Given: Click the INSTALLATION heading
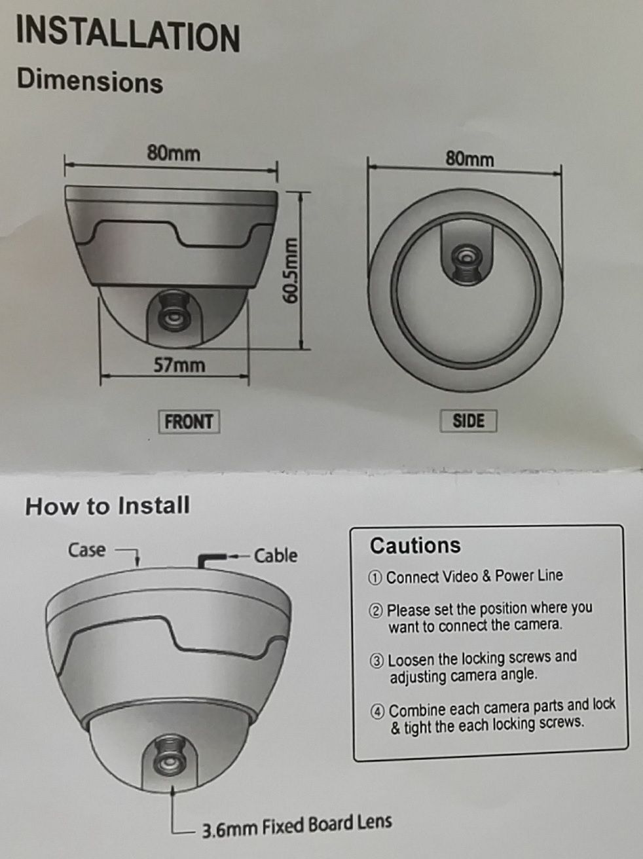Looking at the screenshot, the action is click(128, 35).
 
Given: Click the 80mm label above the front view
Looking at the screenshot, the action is click(174, 153).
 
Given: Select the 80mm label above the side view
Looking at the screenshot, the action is click(469, 159).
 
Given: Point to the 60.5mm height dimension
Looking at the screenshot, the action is click(290, 270).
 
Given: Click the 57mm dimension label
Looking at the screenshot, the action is click(179, 365).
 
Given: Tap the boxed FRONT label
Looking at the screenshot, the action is click(189, 422).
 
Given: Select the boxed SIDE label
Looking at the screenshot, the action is click(468, 421).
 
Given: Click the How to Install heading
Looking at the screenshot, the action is click(107, 505).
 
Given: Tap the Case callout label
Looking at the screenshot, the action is click(87, 550).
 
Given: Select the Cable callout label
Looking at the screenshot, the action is click(276, 555).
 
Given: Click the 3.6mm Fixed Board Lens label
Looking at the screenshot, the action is click(297, 826).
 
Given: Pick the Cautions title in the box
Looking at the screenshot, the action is click(415, 545).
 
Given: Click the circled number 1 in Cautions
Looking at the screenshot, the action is click(375, 578).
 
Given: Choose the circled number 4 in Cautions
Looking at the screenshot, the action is click(377, 712).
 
